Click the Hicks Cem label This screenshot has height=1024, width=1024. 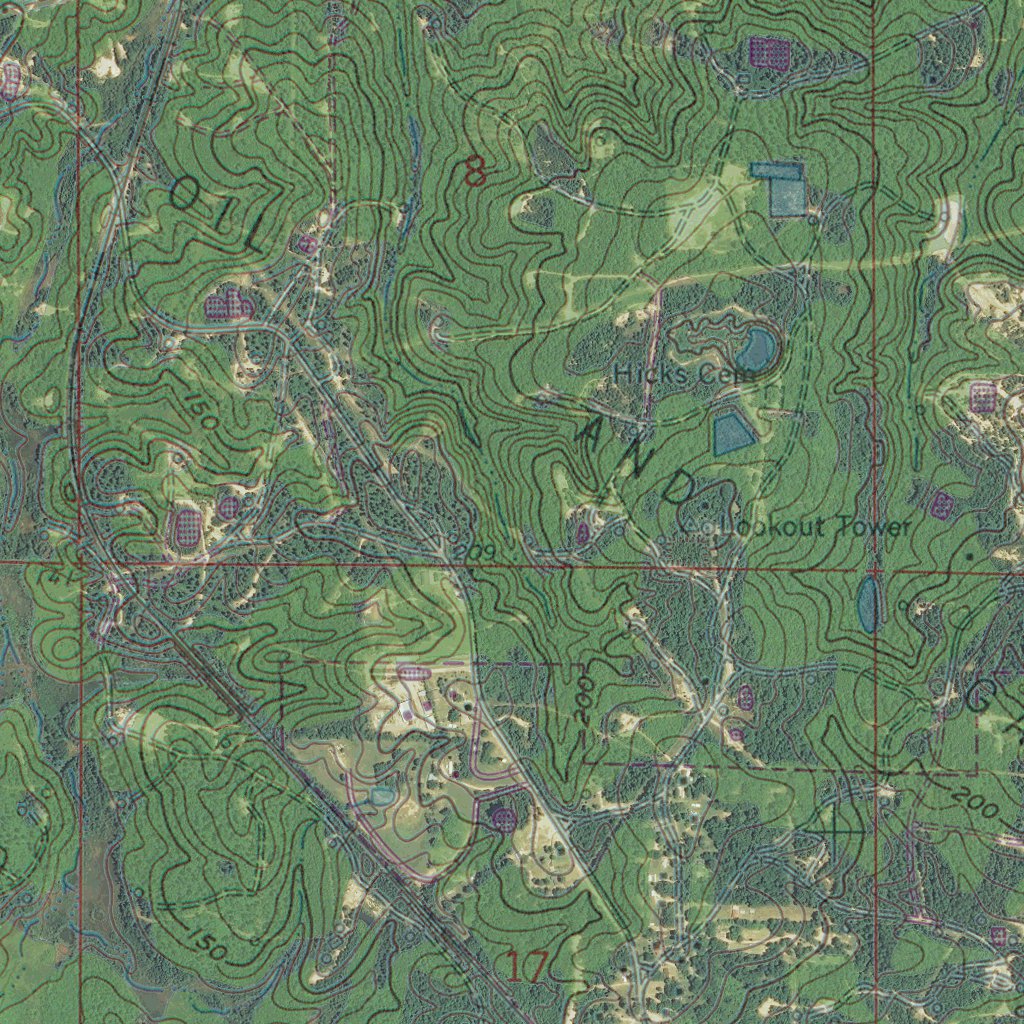pyautogui.click(x=663, y=374)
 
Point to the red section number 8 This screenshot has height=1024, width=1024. pyautogui.click(x=475, y=173)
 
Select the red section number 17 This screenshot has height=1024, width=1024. pyautogui.click(x=526, y=967)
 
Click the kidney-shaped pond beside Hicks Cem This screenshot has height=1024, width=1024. pyautogui.click(x=755, y=349)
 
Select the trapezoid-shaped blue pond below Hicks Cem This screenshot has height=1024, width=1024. pyautogui.click(x=732, y=434)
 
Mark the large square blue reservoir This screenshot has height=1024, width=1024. pyautogui.click(x=786, y=190)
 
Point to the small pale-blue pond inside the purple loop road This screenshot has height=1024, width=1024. pyautogui.click(x=382, y=795)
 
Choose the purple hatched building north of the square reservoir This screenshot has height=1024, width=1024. pyautogui.click(x=769, y=52)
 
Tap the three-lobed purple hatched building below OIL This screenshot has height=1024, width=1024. pyautogui.click(x=228, y=306)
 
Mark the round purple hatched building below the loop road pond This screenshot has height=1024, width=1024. pyautogui.click(x=504, y=820)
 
